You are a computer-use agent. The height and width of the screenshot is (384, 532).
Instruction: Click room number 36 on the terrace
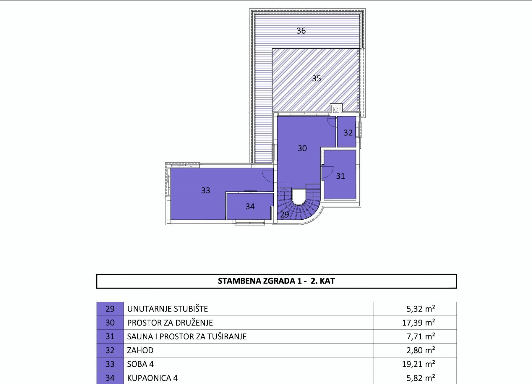point(301,31)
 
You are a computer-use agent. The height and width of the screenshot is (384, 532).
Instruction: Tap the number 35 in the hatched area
point(317,79)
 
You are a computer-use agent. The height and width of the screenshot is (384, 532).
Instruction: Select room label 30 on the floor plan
point(302,148)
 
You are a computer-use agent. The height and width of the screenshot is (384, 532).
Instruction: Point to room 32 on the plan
point(348,133)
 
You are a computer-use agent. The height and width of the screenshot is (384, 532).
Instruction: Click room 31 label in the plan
point(340,176)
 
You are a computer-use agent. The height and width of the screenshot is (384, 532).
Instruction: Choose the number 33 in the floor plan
point(205,190)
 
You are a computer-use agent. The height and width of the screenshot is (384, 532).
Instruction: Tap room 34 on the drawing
point(250,206)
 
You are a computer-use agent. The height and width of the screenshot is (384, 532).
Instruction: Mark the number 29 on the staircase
point(284,215)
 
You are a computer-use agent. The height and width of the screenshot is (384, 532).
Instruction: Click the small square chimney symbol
point(336,110)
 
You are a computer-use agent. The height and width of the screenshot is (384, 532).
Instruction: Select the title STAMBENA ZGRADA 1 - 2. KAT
point(276,281)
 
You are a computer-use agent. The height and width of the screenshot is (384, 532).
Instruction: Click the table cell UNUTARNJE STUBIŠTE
point(168,309)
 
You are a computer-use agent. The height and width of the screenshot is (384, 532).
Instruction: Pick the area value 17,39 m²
point(418,323)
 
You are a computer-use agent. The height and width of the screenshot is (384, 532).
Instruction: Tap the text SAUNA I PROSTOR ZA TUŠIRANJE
point(187,336)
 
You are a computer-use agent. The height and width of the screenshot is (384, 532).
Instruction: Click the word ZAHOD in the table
point(140,350)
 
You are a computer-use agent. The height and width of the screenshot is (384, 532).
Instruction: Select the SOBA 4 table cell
point(140,364)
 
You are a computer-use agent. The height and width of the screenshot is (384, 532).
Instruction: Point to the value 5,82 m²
point(421,378)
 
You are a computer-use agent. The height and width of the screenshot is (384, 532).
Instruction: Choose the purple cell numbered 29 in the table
point(110,309)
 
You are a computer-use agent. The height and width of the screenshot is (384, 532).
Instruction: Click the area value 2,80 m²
point(421,350)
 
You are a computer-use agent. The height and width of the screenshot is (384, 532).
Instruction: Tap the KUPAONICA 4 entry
point(152,378)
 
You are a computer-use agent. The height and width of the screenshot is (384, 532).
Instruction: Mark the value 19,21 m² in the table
point(418,364)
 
